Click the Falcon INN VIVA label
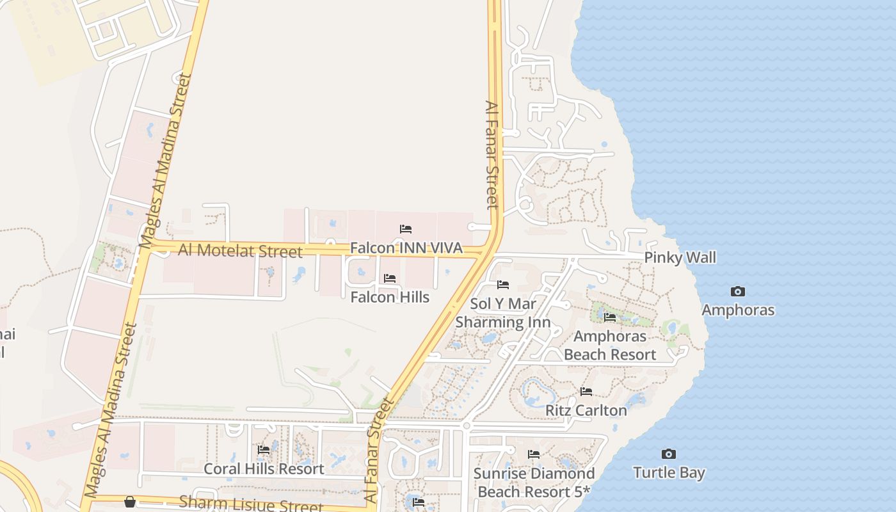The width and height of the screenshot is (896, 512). click(406, 248)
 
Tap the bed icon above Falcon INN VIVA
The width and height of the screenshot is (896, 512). click(406, 229)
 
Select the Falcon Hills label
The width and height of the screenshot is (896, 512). click(390, 297)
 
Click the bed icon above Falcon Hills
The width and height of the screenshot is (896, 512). click(390, 278)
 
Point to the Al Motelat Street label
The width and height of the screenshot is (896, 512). click(240, 250)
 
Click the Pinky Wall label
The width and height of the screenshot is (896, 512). click(680, 257)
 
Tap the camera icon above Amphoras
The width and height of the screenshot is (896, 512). click(738, 292)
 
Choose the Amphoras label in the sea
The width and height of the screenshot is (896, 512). click(738, 310)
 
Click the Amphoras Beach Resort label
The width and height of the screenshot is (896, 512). click(610, 345)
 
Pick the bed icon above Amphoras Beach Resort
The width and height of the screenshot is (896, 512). click(610, 317)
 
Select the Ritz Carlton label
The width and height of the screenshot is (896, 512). click(586, 410)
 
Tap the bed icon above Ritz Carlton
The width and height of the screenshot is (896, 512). click(586, 392)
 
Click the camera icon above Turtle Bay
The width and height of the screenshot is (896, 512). click(669, 454)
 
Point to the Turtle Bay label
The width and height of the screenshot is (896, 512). click(669, 473)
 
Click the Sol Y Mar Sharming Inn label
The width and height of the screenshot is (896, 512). click(503, 312)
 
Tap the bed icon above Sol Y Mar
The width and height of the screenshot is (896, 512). click(503, 285)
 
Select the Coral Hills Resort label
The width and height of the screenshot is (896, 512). click(264, 468)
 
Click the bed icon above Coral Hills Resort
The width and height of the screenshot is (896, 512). click(264, 450)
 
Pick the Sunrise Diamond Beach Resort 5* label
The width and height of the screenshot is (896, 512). click(534, 483)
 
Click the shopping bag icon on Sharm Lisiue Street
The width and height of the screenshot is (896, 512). click(130, 501)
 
